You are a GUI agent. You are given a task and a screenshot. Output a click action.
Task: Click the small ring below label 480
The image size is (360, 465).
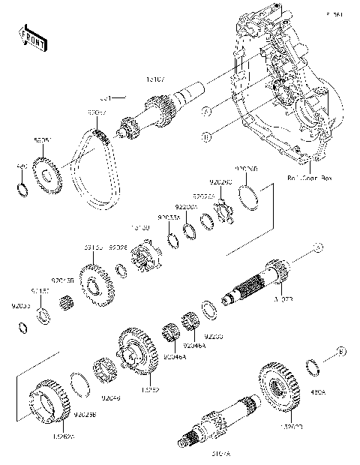tap(23, 185)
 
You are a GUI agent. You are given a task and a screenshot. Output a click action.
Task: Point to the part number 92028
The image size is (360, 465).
tap(118, 247)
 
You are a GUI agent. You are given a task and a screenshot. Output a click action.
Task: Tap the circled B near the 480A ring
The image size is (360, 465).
tap(340, 350)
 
